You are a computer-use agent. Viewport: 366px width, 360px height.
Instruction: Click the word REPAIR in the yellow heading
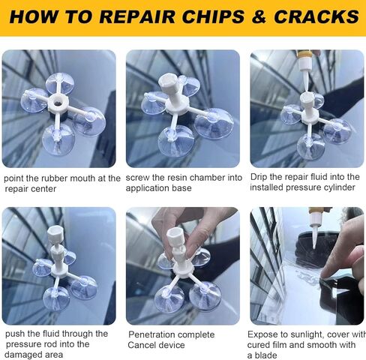[138, 16]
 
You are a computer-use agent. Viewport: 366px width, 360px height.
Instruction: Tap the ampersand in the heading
[259, 16]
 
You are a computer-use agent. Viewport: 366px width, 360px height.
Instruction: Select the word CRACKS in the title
[316, 16]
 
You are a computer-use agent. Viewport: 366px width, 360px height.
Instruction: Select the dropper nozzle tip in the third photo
[306, 89]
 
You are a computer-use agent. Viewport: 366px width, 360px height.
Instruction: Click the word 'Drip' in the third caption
[259, 177]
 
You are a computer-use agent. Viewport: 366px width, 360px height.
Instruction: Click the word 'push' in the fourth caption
[15, 334]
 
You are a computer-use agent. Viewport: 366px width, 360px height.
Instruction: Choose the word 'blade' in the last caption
[266, 355]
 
